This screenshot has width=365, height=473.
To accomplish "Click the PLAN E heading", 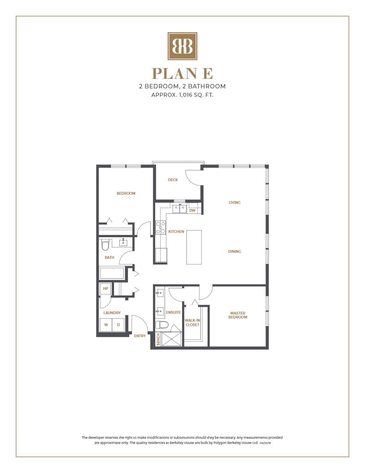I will tap(182, 74).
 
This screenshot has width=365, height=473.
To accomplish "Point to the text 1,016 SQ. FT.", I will tap(195, 95).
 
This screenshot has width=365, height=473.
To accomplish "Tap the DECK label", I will tap(173, 180).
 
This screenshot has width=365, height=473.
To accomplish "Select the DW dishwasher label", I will tap(192, 210).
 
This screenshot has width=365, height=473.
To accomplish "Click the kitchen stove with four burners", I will tap(161, 227).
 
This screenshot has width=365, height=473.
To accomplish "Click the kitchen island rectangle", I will tap(194, 247).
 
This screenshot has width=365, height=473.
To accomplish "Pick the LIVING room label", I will tap(235, 203).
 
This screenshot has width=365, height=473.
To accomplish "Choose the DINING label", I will tap(235, 252).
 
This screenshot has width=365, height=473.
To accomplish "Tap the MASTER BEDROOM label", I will tap(238, 315).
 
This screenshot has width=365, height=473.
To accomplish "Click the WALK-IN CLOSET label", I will tap(192, 322).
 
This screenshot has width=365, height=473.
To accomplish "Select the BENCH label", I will tap(158, 339).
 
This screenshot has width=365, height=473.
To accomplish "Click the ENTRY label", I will tap(140, 336).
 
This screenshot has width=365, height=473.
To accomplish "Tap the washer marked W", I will tap(106, 325).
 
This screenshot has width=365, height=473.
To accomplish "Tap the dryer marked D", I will tap(118, 325).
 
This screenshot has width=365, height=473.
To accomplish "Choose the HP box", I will tap(105, 289).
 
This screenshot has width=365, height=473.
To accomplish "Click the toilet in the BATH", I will tap(105, 244).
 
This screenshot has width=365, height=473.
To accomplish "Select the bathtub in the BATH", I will tap(112, 273).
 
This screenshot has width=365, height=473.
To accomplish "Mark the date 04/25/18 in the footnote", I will tap(265, 443).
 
